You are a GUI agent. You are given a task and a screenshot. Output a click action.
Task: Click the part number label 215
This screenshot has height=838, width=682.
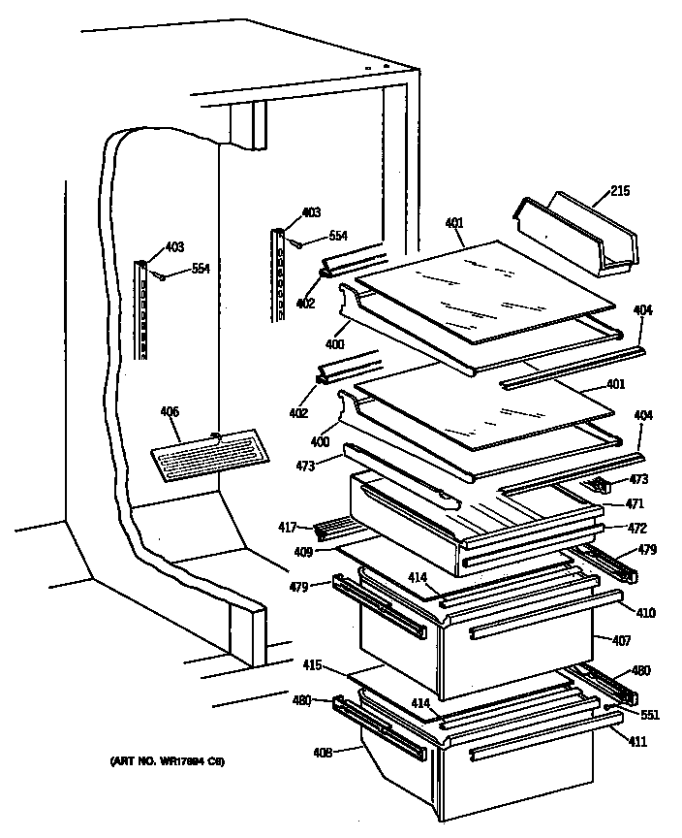point(620,191)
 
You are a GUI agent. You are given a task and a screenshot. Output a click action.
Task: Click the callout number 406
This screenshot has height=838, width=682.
point(170,412)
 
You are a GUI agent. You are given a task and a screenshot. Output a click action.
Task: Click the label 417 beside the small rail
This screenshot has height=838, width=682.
point(288,529)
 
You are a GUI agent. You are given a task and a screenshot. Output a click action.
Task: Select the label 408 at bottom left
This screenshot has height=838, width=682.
point(323,750)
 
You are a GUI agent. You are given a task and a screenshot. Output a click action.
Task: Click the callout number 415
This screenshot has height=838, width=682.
point(312,666)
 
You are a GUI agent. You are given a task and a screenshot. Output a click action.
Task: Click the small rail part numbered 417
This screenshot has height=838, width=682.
point(333,530)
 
